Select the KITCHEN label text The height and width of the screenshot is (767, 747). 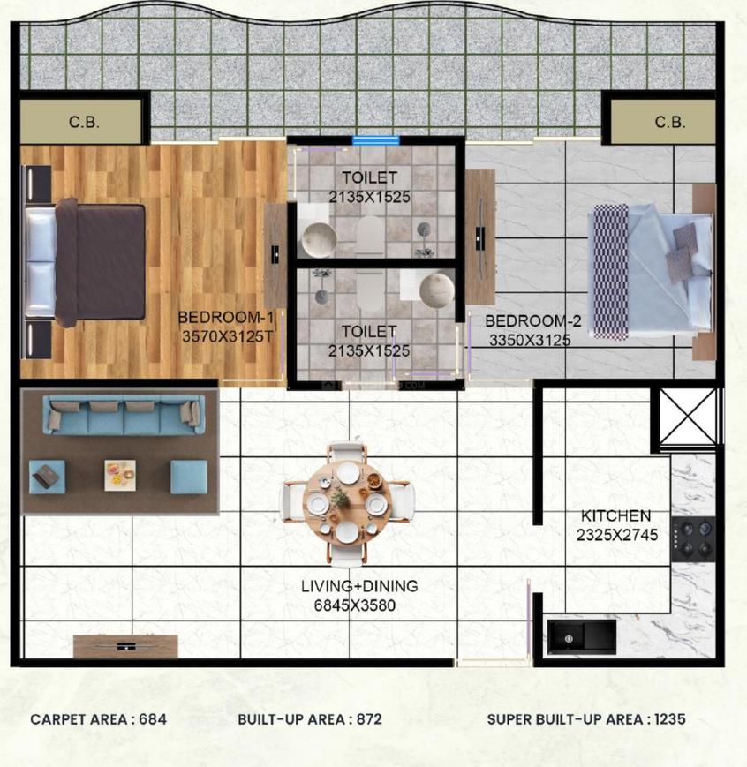coord(615,516)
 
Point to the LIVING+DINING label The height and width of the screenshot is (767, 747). coord(359,586)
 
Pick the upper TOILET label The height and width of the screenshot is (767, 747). coord(370,177)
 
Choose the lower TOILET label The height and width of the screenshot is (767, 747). coord(370,332)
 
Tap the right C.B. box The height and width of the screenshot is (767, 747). coord(668,122)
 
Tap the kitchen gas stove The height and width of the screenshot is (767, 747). coord(692,540)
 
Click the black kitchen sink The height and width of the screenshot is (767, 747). coord(581,635)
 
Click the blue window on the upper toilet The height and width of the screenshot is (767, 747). coord(375,140)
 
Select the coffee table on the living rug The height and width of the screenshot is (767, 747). coord(119,475)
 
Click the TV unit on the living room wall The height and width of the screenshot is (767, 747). coord(125,646)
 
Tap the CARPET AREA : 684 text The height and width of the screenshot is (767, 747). coord(98,719)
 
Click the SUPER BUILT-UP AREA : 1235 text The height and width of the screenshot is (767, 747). coord(585,719)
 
